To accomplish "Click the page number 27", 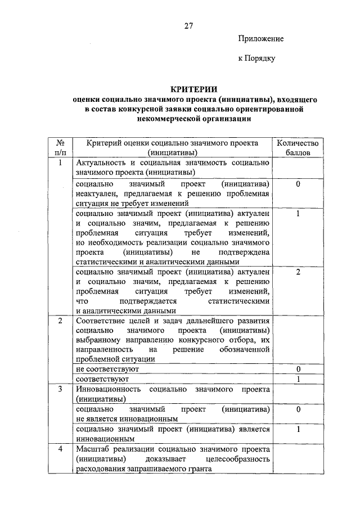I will pos(188,26).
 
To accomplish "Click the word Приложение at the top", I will pos(261,39).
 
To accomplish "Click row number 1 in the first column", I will pos(60,163).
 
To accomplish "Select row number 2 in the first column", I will pos(60,321).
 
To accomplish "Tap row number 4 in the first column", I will pos(60,449).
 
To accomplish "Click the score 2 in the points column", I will pos(298,272).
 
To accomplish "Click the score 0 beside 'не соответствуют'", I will pos(298,369).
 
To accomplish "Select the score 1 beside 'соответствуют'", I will pos(298,379).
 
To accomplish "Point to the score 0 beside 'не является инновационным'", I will pos(298,409).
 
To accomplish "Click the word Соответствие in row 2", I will pos(101,321).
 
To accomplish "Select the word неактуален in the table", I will pos(96,193).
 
